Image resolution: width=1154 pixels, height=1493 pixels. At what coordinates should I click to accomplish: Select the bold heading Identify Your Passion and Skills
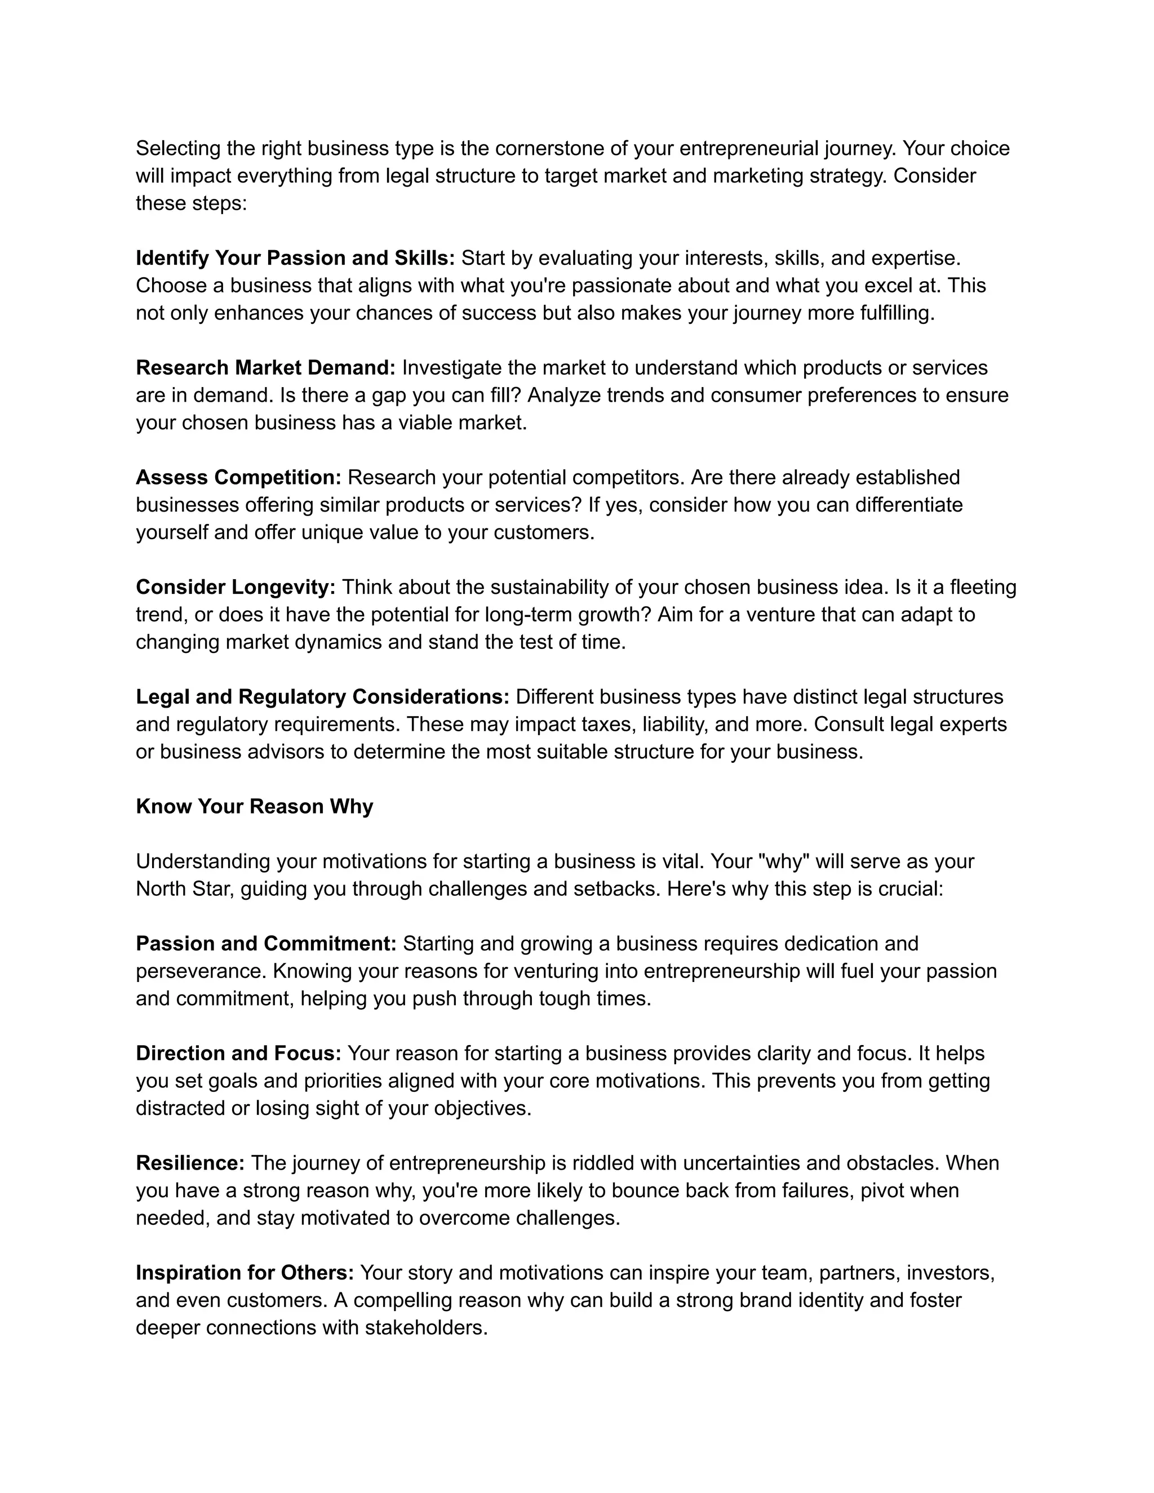295,259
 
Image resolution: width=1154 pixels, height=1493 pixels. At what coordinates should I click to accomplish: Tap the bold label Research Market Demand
265,368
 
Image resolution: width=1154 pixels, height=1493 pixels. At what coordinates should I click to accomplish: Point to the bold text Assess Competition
238,477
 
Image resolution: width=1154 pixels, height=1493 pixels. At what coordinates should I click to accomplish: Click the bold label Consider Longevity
235,587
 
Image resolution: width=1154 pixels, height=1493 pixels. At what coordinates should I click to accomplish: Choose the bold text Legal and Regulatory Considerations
322,696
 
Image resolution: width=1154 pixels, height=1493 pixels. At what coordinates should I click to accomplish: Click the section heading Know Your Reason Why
254,807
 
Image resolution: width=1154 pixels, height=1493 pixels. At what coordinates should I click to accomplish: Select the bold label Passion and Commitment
266,943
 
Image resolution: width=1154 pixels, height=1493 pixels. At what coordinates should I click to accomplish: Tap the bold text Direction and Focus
238,1054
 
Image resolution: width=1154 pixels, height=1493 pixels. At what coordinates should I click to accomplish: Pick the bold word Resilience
190,1163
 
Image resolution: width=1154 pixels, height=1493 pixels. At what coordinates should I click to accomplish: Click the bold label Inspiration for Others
245,1273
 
